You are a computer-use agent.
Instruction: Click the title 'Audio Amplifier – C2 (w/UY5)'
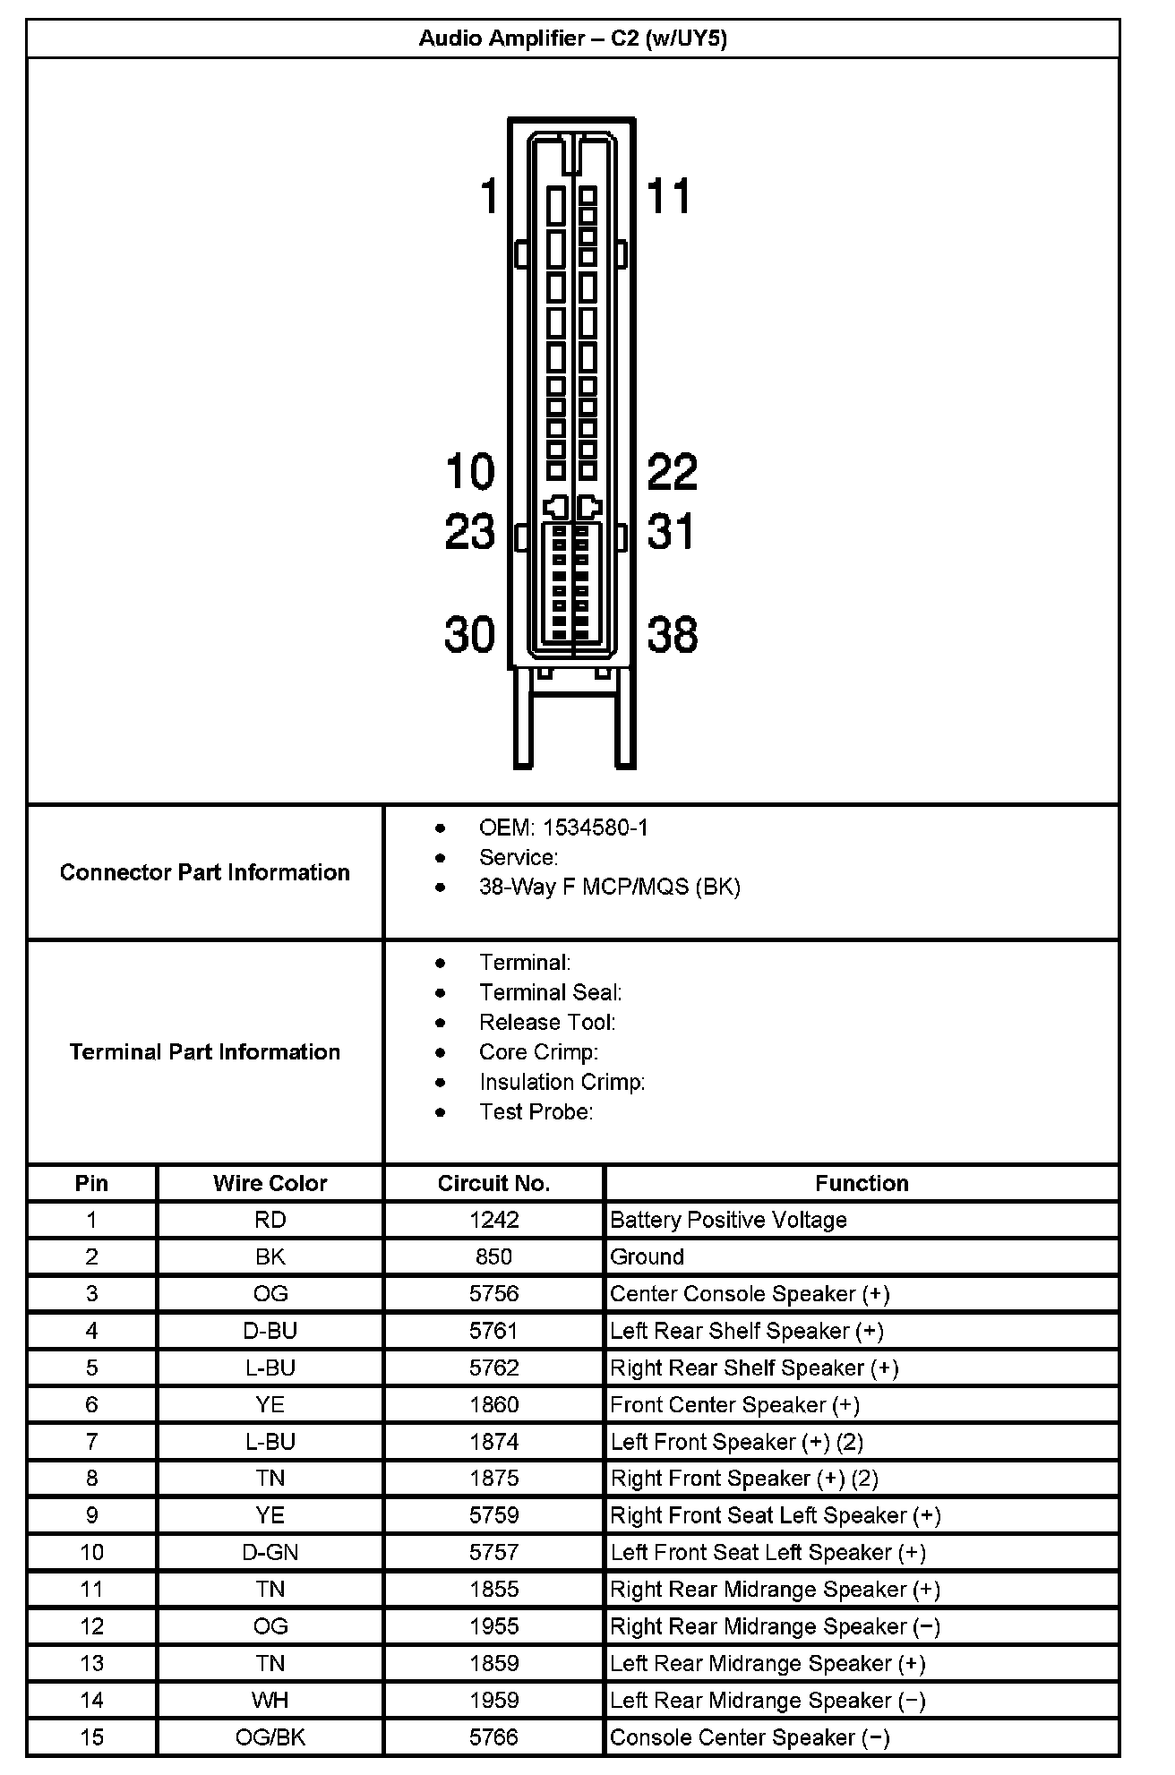[x=572, y=39]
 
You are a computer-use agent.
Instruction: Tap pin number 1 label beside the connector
[x=489, y=196]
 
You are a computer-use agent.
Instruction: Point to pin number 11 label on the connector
[x=668, y=196]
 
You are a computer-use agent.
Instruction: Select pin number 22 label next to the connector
[x=672, y=472]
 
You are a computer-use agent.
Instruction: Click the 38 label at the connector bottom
[x=672, y=635]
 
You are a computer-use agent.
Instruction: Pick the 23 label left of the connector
[x=470, y=532]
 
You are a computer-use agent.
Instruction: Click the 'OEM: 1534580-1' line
[x=563, y=828]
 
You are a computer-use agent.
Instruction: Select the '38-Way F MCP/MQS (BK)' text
[x=609, y=887]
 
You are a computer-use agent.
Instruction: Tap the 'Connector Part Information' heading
[x=205, y=872]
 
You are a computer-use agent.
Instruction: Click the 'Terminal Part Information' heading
[x=205, y=1051]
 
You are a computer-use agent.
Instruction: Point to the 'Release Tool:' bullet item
[x=547, y=1023]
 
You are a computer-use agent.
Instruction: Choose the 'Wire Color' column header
[x=270, y=1183]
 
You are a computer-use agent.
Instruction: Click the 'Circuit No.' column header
[x=493, y=1183]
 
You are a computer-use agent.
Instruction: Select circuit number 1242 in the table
[x=493, y=1220]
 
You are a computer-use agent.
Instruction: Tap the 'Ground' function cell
[x=647, y=1256]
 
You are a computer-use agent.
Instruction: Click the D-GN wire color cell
[x=270, y=1552]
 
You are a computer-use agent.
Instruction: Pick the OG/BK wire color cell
[x=270, y=1737]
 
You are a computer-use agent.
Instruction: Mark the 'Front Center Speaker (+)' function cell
[x=734, y=1404]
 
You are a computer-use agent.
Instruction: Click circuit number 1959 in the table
[x=493, y=1700]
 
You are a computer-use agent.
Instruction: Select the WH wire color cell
[x=270, y=1700]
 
